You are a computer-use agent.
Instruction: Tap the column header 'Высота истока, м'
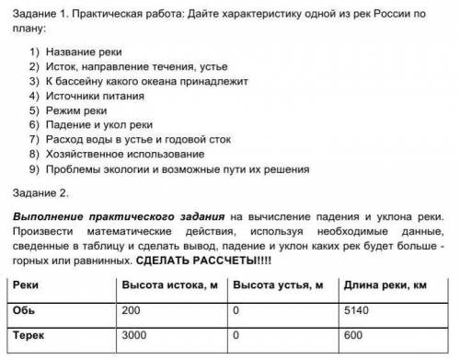point(167,286)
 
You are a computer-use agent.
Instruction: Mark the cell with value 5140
point(357,311)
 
